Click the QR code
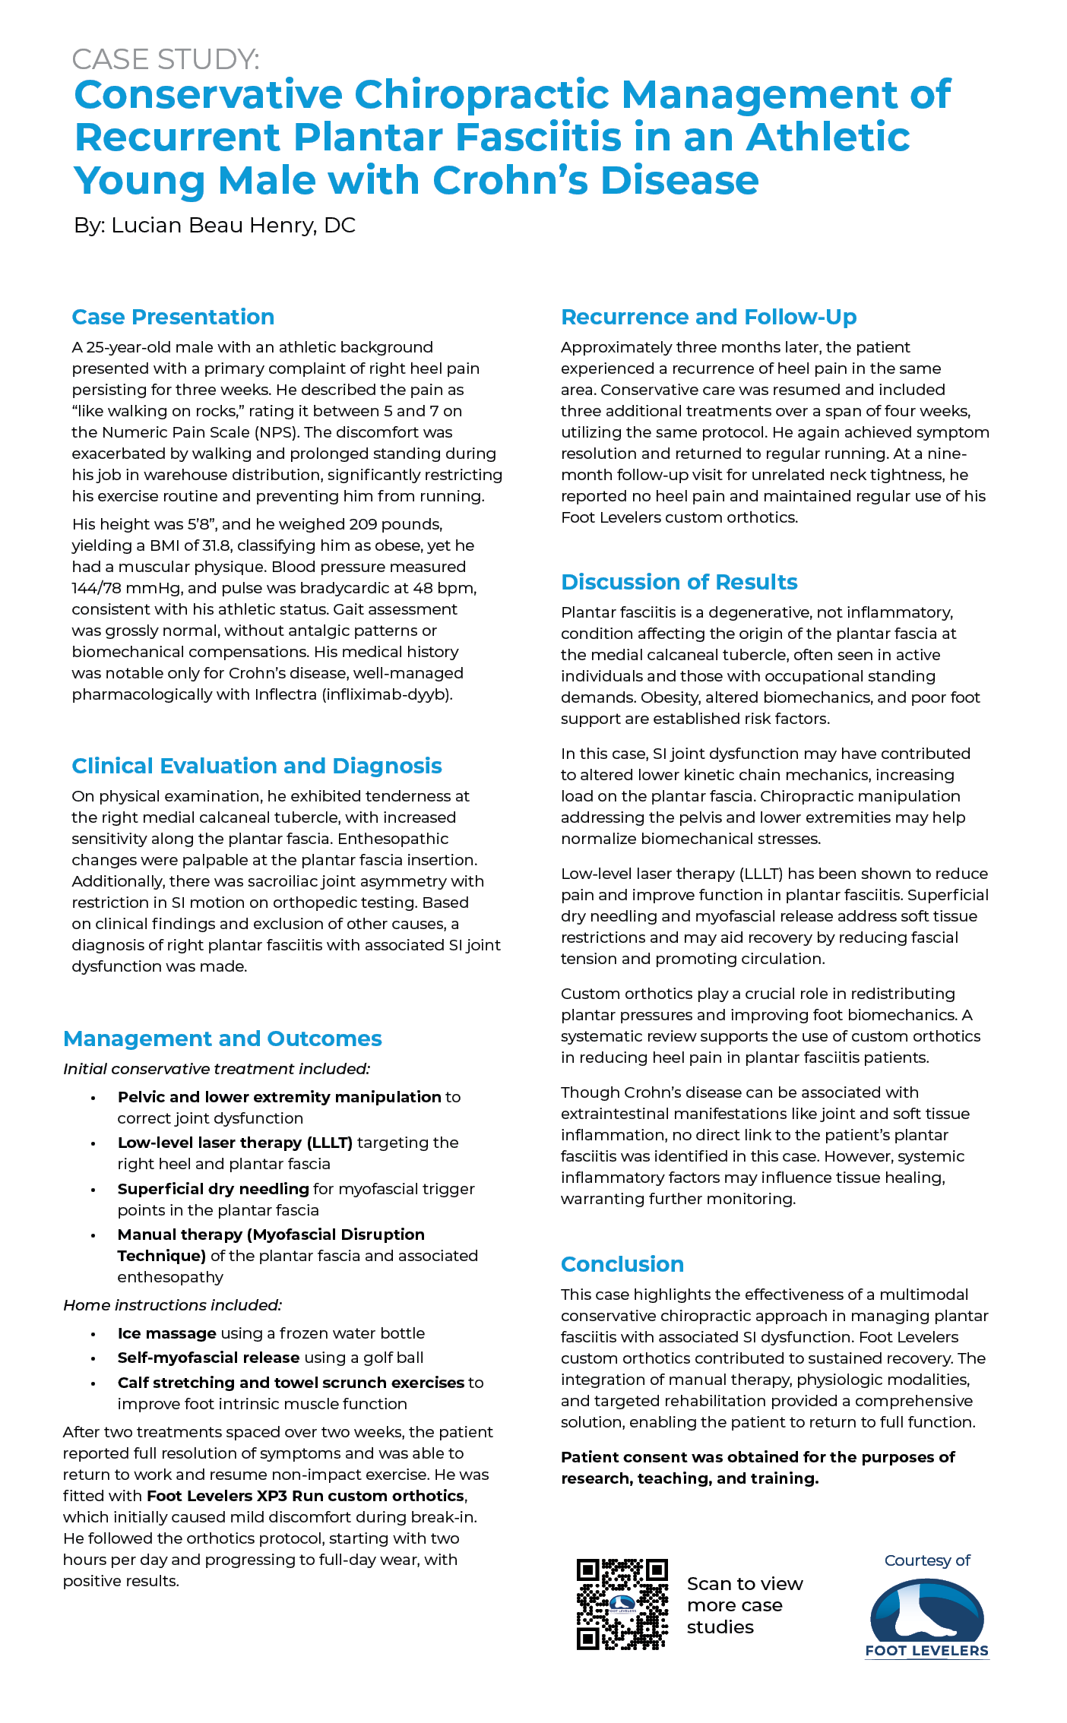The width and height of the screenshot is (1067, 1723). tap(622, 1604)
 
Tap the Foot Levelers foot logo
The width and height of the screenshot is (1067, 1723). tap(926, 1612)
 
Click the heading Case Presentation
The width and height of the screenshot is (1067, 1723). tap(173, 317)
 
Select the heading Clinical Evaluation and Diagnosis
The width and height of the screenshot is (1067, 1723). tap(257, 766)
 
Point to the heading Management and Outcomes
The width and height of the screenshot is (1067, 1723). tap(223, 1039)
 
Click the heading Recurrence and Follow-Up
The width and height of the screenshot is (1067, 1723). tap(708, 317)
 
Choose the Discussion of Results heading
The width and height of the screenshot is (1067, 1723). tap(679, 582)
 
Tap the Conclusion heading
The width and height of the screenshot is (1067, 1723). tap(622, 1264)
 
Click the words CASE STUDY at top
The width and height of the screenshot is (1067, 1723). tap(166, 59)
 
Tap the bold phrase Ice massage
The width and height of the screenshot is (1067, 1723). tap(167, 1333)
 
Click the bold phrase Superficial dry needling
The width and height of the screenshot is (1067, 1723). tap(213, 1189)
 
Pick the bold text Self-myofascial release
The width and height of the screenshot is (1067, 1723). tap(208, 1358)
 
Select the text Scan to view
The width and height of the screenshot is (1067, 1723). tap(744, 1584)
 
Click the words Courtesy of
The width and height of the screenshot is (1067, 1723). tap(927, 1560)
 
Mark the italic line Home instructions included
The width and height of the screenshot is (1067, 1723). tap(173, 1305)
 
